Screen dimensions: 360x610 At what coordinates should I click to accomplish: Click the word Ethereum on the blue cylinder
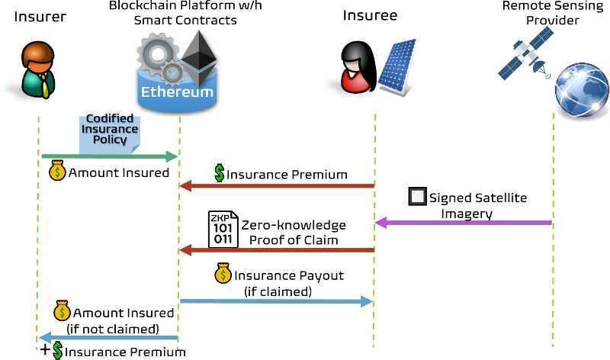click(x=177, y=92)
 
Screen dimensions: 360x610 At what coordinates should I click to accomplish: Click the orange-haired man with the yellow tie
click(x=38, y=69)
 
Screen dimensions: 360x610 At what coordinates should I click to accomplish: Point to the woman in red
click(x=355, y=68)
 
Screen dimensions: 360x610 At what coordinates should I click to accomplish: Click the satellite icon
click(x=525, y=52)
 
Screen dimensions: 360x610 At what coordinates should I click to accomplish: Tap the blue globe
click(x=581, y=88)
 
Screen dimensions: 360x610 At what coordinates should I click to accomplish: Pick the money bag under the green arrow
click(x=57, y=171)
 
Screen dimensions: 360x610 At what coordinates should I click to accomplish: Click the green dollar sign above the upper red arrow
click(x=220, y=173)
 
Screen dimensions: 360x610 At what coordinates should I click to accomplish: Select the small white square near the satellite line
click(x=417, y=196)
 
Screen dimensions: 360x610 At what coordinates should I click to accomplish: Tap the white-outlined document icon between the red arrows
click(x=223, y=229)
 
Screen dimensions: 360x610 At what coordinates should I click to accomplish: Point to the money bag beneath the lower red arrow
click(x=223, y=273)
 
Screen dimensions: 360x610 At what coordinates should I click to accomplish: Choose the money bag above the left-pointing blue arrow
click(x=62, y=310)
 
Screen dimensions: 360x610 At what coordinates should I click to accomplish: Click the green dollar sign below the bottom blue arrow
click(x=57, y=350)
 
